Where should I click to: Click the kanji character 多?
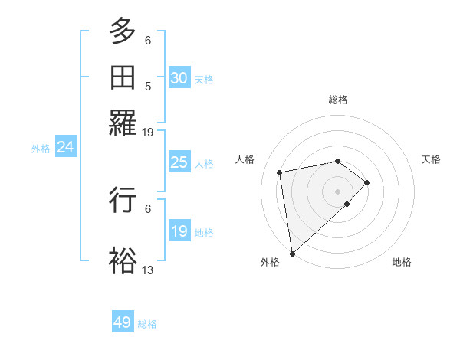[x=123, y=32]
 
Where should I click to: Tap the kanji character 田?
[x=123, y=77]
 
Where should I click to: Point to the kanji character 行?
[x=123, y=201]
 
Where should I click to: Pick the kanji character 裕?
[x=123, y=260]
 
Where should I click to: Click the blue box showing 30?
[x=179, y=77]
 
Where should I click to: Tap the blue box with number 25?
[x=179, y=162]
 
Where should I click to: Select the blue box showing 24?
[x=65, y=147]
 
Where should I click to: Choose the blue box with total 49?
[x=123, y=322]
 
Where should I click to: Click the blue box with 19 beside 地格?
[x=179, y=231]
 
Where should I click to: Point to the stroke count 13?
[x=148, y=270]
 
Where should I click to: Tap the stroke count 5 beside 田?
[x=148, y=87]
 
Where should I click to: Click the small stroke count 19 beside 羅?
[x=148, y=132]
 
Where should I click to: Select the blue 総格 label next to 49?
[x=147, y=324]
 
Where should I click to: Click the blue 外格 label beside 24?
[x=41, y=149]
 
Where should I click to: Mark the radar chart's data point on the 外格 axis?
[x=292, y=253]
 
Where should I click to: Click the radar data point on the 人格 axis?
[x=281, y=172]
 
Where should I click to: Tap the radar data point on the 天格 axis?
[x=367, y=182]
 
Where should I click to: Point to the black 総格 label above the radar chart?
[x=337, y=100]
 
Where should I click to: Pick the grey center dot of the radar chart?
[x=337, y=191]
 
